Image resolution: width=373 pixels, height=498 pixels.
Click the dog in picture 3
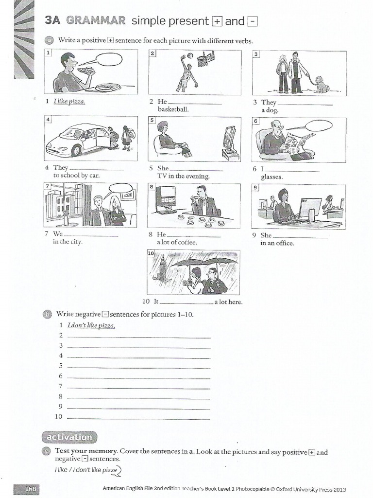coord(322,84)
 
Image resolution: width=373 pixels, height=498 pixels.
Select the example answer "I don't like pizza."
coord(91,325)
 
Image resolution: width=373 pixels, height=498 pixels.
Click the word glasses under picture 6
coord(271,177)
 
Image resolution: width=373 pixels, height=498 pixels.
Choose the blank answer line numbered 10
coord(138,417)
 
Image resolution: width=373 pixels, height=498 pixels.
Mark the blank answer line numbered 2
coord(138,336)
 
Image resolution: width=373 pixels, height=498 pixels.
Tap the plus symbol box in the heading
coord(216,21)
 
